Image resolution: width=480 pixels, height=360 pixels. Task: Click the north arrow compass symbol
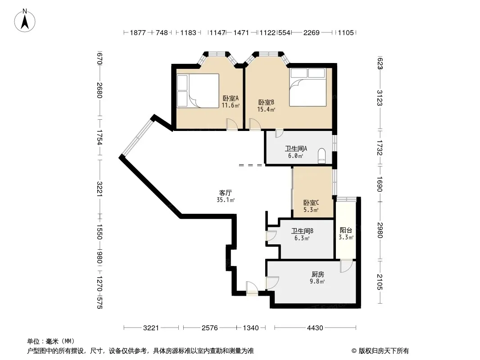[x=25, y=21]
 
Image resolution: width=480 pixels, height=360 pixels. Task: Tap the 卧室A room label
[x=231, y=99]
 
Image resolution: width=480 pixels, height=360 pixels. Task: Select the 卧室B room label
[x=266, y=102]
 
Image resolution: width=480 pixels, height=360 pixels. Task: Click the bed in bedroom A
[x=198, y=90]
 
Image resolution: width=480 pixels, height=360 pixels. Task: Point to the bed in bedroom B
[x=308, y=87]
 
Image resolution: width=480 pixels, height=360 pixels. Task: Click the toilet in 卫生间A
[x=322, y=156]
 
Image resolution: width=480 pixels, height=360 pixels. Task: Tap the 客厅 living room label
[x=225, y=193]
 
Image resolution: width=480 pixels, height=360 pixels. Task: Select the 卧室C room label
[x=311, y=202]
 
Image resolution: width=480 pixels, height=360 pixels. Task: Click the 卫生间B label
[x=302, y=231]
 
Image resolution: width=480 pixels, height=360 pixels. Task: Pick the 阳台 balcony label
[x=346, y=230]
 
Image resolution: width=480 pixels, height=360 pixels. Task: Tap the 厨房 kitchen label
[x=318, y=274]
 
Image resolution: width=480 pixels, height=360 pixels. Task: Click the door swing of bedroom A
[x=232, y=125]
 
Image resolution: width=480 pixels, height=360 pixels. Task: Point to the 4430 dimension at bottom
[x=315, y=328]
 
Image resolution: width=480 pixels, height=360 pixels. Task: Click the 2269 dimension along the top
[x=311, y=32]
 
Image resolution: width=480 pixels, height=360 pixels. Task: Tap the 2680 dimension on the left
[x=99, y=90]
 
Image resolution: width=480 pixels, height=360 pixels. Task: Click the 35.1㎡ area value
[x=226, y=200]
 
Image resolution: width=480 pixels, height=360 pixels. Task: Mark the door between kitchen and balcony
[x=346, y=266]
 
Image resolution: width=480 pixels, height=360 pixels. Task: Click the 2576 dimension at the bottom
[x=210, y=328]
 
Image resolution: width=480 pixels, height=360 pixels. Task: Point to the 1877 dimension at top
[x=138, y=32]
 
